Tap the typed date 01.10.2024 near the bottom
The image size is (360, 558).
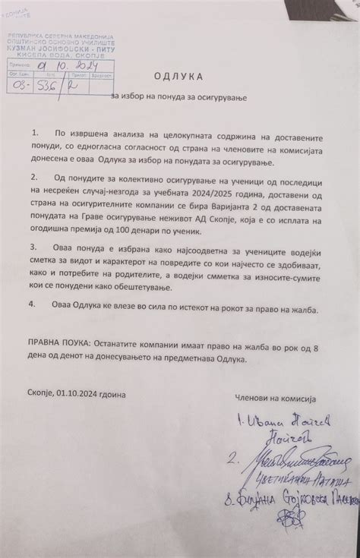81,395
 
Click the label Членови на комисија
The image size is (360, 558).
274,399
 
